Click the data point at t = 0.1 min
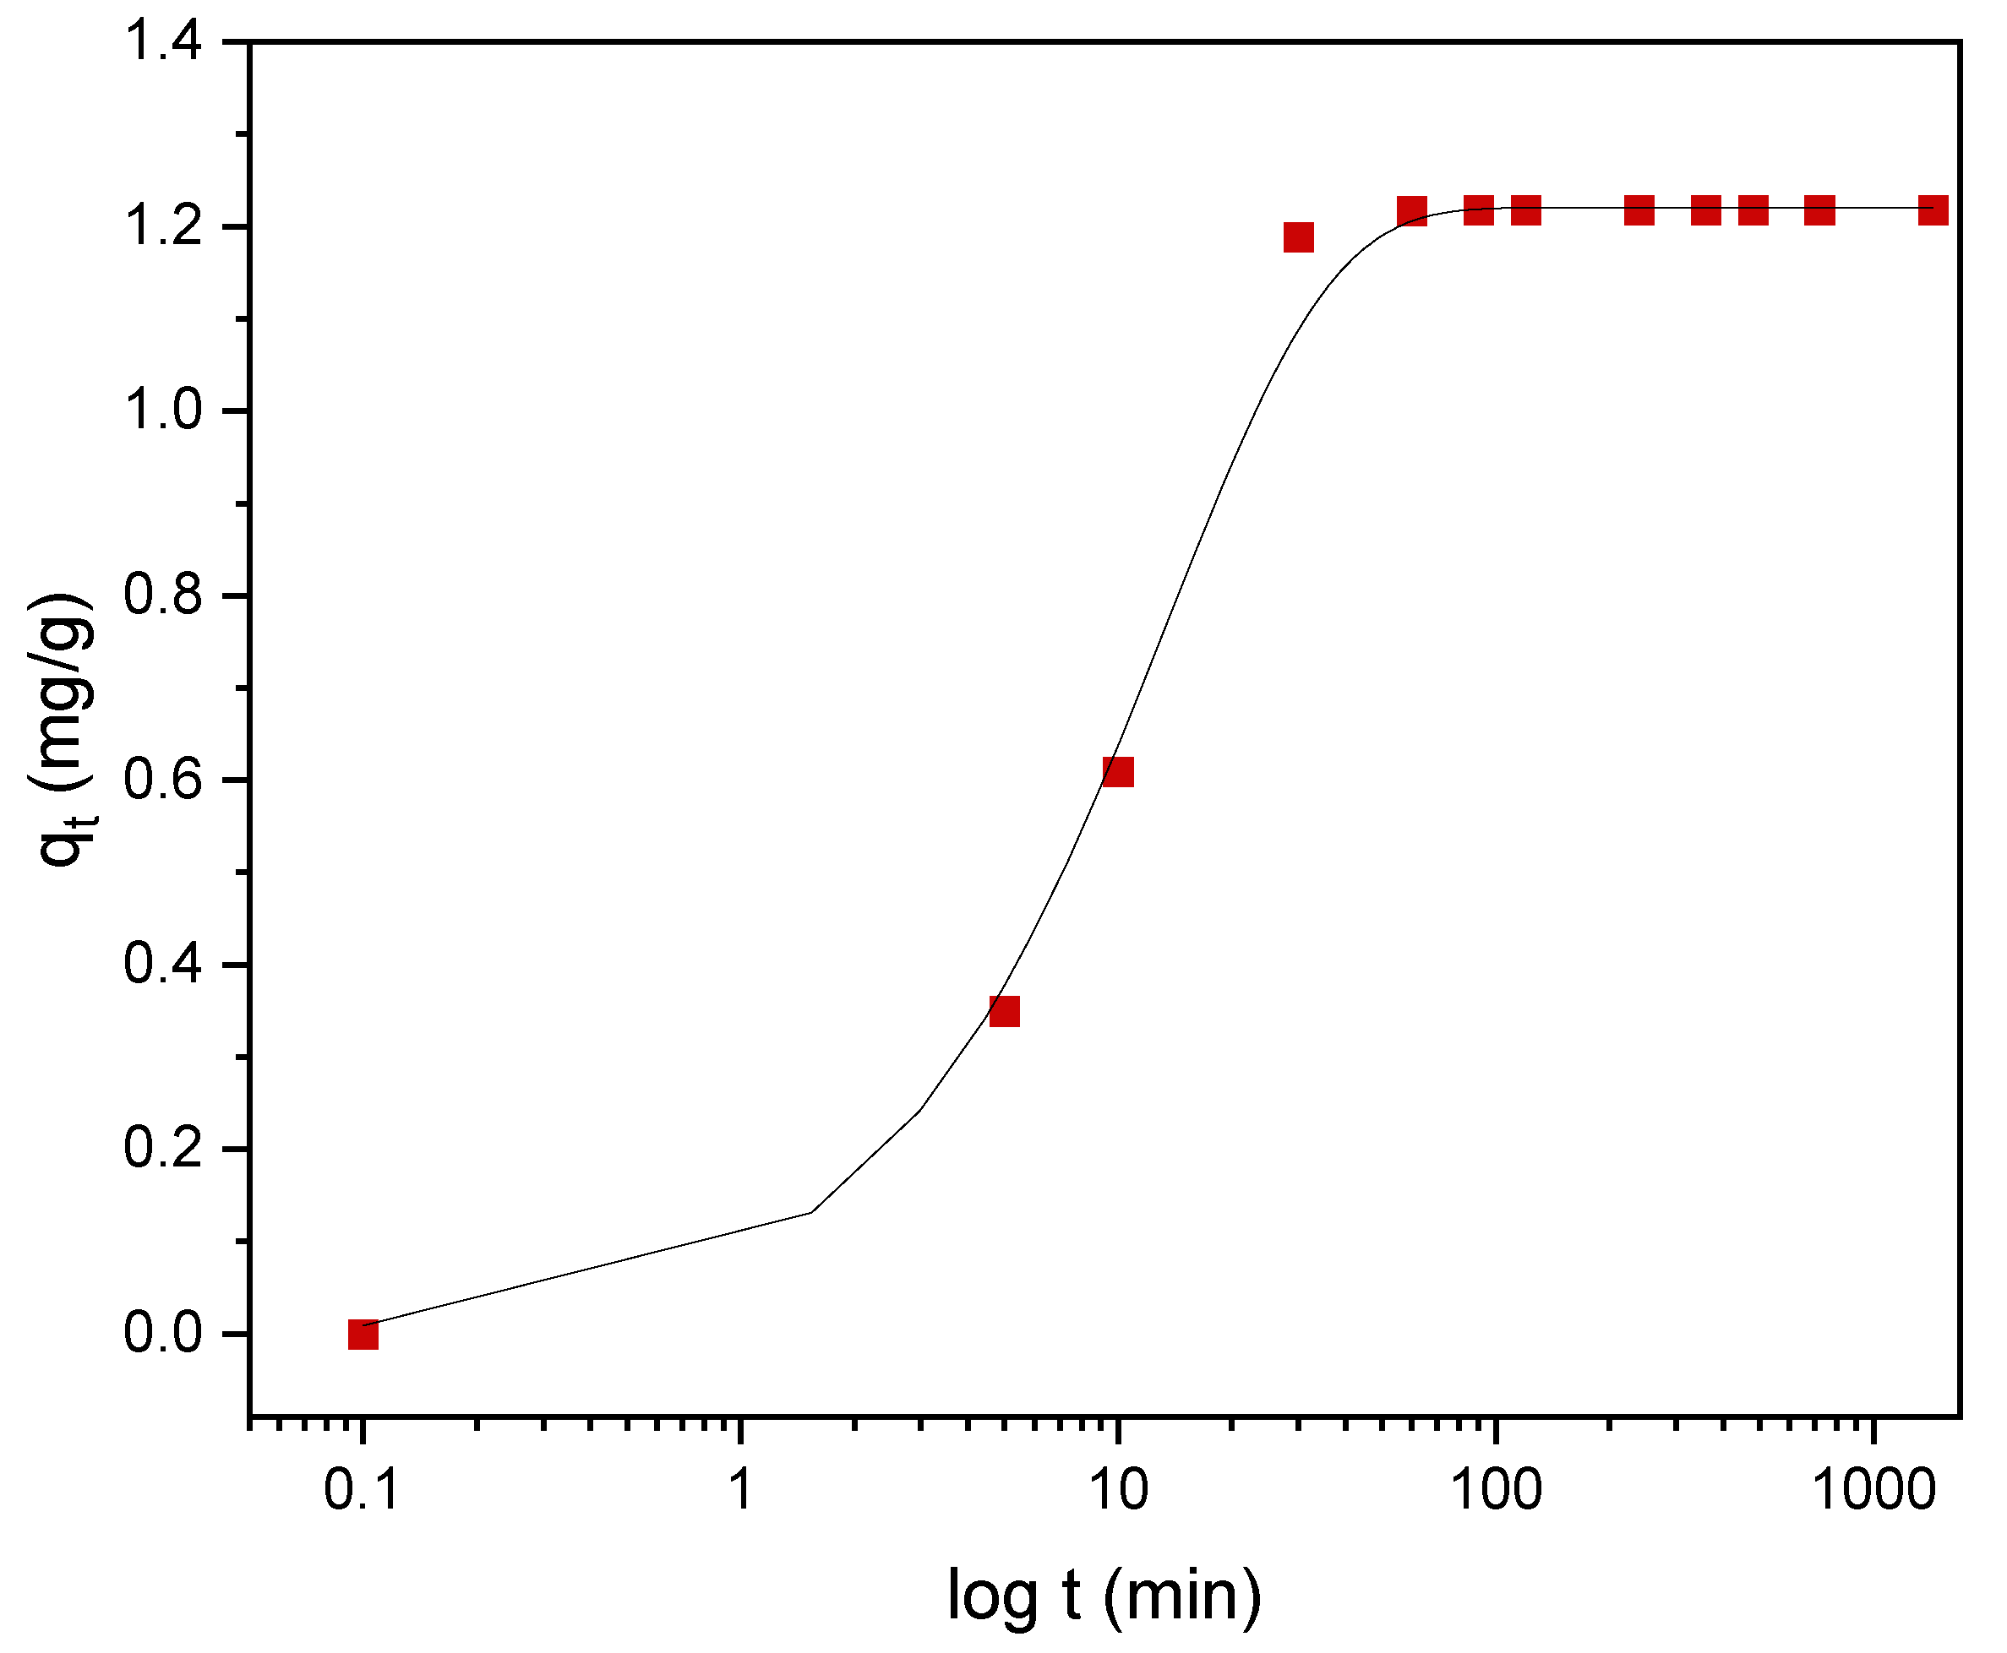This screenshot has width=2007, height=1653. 363,1335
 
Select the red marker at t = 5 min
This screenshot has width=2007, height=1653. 1004,1011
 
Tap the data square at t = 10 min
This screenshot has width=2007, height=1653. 1117,771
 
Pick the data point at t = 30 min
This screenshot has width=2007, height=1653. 1298,237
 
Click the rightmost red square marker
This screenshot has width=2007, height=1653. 1933,210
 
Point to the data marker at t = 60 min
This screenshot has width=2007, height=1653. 1412,210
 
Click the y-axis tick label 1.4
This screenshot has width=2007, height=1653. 163,43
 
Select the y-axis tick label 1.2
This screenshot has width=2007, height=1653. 163,227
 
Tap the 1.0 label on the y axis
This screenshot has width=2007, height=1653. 163,412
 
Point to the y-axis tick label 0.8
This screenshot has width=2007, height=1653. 163,596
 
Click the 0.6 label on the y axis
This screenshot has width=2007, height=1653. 163,780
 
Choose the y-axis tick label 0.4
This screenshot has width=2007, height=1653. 163,965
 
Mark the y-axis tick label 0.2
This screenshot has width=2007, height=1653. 163,1150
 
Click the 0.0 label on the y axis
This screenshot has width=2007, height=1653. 163,1333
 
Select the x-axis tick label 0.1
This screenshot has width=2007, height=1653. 361,1489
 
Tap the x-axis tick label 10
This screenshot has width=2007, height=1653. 1117,1489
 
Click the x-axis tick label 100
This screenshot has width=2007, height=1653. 1496,1489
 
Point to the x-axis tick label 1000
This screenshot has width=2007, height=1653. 1873,1489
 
